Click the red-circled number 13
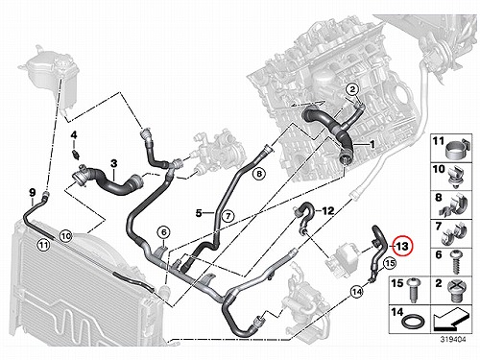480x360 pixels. tap(403, 246)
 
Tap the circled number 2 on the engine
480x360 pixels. tap(352, 89)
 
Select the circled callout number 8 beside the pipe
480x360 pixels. tap(259, 174)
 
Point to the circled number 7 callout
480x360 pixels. tap(228, 216)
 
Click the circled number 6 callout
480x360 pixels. tap(163, 232)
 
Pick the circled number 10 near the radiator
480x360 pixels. tap(66, 236)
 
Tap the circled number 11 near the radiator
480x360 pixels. tap(43, 245)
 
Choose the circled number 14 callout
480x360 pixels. tap(357, 292)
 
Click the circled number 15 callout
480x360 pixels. tap(390, 263)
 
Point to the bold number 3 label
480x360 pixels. tap(114, 163)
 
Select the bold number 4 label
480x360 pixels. tap(74, 134)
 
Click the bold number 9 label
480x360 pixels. tap(32, 193)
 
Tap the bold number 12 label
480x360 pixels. tap(328, 211)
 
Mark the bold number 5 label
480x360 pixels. tap(199, 212)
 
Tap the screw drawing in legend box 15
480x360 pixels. tap(412, 290)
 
